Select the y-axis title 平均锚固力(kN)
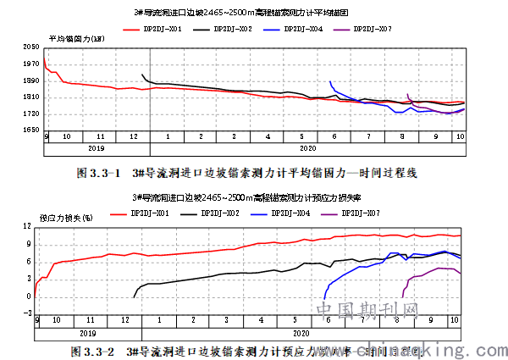coord(77,39)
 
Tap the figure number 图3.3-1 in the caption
coord(95,173)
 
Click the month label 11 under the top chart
coord(100,136)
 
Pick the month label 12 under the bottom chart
coord(125,322)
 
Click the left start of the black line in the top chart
coord(142,75)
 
